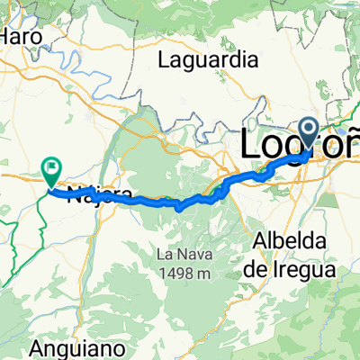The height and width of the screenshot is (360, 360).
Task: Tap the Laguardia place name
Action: (x=208, y=60)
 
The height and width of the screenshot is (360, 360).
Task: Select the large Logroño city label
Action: (x=301, y=144)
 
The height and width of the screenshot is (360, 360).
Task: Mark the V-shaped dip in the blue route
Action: (x=179, y=208)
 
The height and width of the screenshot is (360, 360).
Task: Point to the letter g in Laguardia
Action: (x=185, y=63)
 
